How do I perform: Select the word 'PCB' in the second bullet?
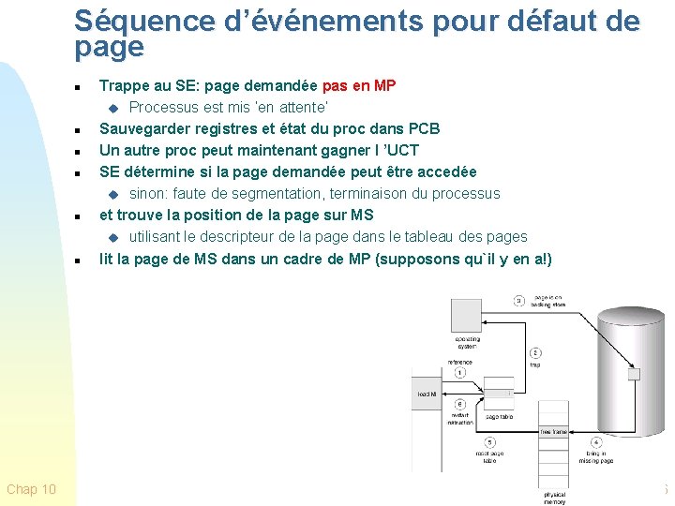[424, 128]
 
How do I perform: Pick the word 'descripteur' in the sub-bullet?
[263, 237]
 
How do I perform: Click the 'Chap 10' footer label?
[31, 489]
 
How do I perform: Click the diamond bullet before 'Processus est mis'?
[113, 108]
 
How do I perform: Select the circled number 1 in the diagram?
[460, 373]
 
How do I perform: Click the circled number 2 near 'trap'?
[534, 353]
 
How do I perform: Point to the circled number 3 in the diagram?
[518, 301]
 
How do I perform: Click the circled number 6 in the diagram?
[460, 404]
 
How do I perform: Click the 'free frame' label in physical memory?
[552, 432]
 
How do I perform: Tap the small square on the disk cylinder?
[634, 374]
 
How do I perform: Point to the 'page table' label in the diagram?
[498, 416]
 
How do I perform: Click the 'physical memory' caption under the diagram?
[554, 498]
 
